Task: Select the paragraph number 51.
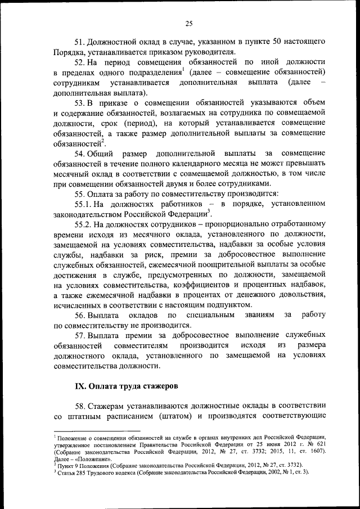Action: pos(80,42)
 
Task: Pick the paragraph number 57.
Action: pos(80,336)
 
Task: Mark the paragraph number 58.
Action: pos(80,407)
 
